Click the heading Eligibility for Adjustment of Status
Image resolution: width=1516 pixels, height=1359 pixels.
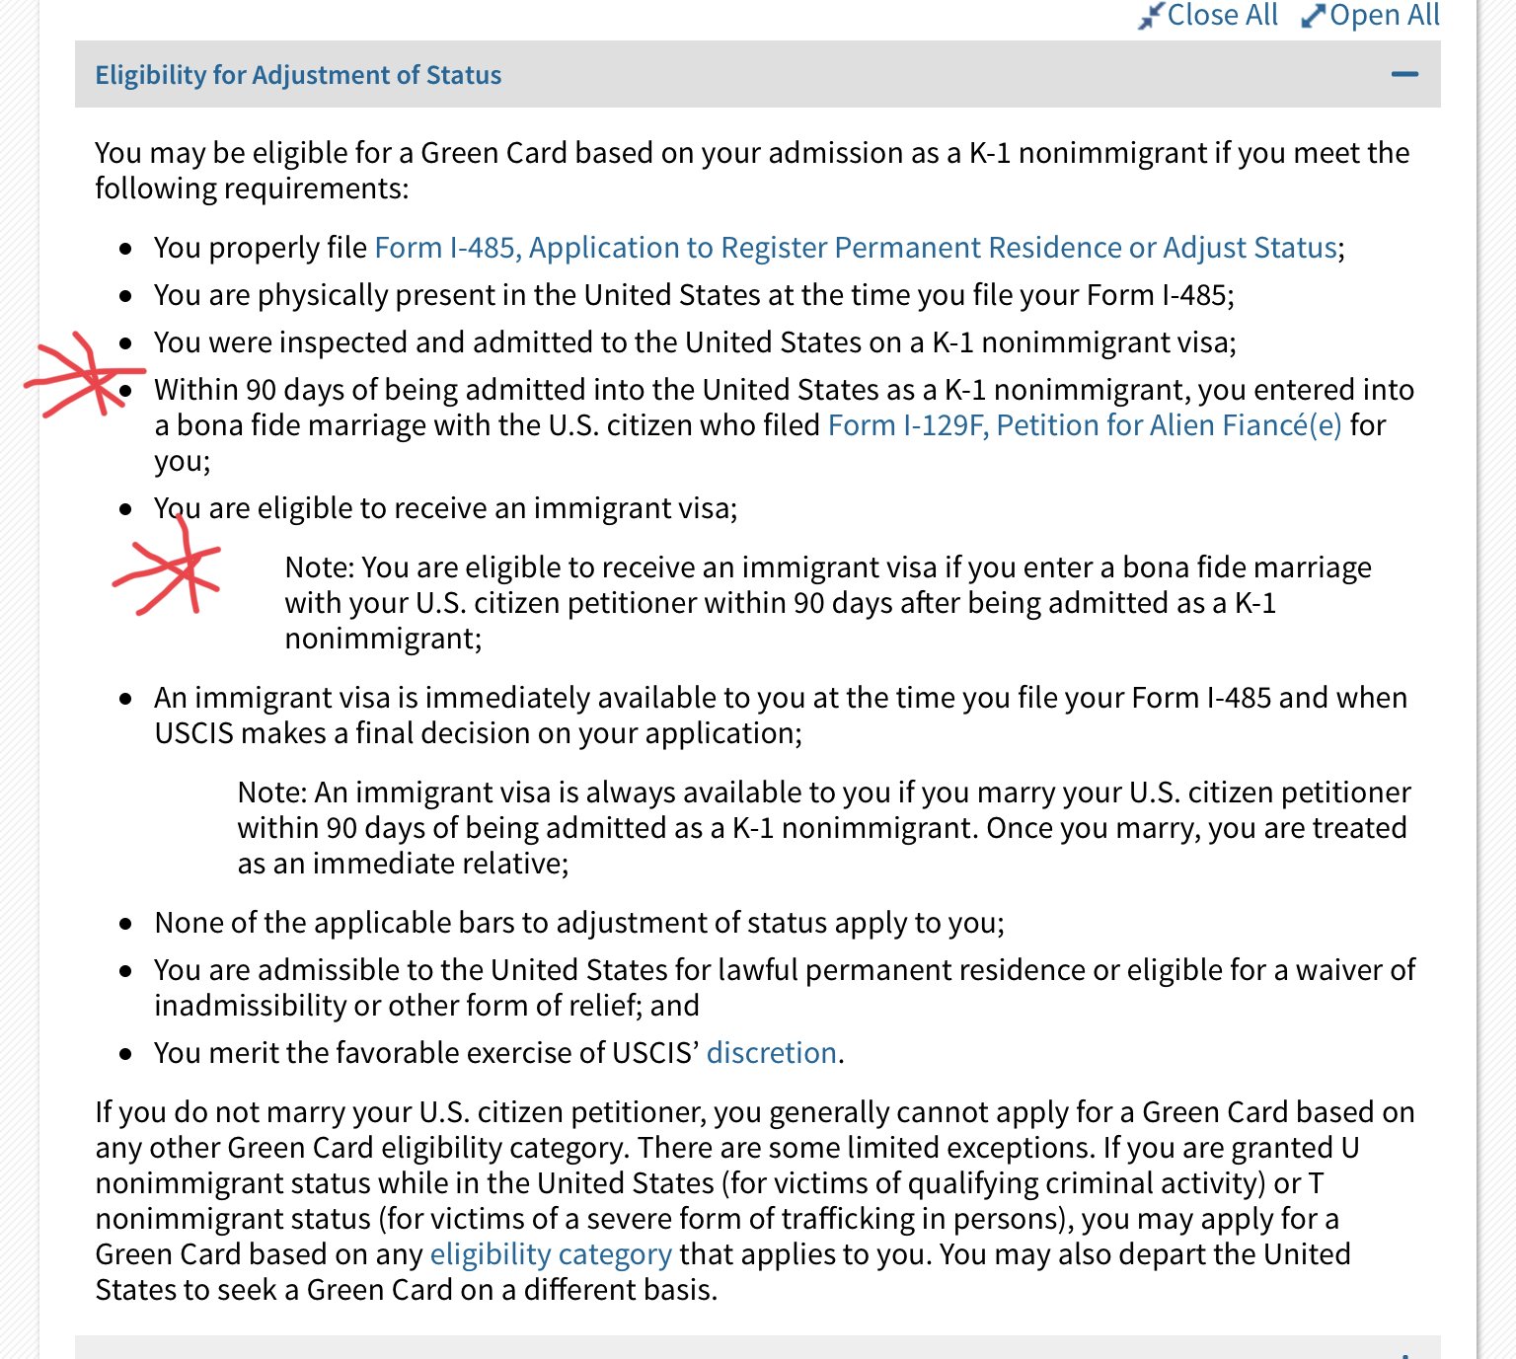coord(298,75)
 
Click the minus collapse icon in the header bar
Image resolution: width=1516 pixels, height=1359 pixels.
coord(1404,74)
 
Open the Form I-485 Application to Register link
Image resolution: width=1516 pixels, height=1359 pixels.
coord(855,248)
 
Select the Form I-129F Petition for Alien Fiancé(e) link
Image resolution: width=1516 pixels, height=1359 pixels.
coord(1084,425)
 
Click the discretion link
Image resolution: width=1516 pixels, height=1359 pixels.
coord(771,1053)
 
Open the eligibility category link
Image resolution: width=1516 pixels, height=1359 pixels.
coord(551,1254)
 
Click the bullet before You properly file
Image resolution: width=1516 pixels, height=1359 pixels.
coord(125,249)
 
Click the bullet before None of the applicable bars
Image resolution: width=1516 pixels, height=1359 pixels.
coord(125,924)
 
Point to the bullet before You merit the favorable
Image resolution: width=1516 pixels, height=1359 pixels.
coord(125,1054)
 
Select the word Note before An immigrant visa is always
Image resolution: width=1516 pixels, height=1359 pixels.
coord(271,793)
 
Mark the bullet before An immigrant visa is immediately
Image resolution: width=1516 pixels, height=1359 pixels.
coord(125,699)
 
